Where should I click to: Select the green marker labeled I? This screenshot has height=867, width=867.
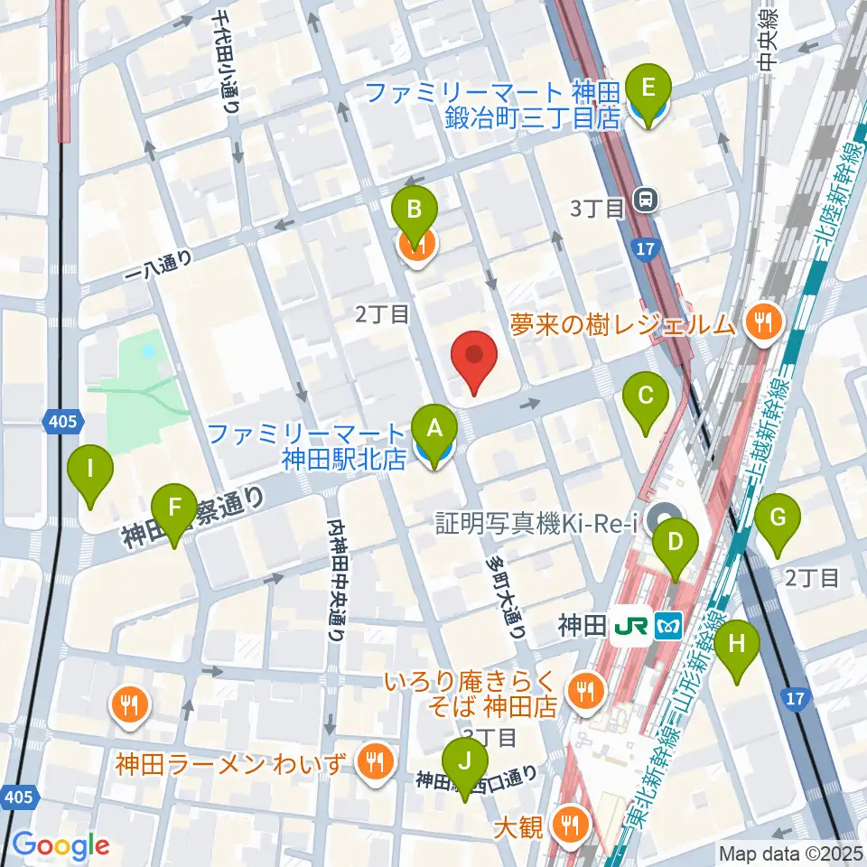tap(91, 472)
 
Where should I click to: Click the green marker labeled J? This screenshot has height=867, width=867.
tap(465, 764)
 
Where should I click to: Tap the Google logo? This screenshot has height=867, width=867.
tap(61, 845)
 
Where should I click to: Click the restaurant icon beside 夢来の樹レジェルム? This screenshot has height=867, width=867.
tap(764, 321)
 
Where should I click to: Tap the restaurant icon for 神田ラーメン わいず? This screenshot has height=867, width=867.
tap(372, 762)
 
